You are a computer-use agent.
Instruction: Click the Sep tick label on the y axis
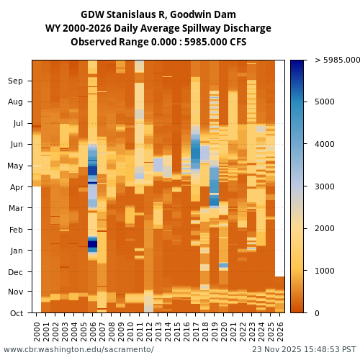click(x=16, y=81)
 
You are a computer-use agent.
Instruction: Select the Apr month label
click(x=16, y=187)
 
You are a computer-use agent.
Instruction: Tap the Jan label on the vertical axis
click(x=16, y=251)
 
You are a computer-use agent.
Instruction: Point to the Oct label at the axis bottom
click(x=16, y=313)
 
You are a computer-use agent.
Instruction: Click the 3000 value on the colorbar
click(x=326, y=186)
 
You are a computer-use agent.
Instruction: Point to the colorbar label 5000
click(x=326, y=102)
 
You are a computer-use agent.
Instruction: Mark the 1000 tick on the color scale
click(x=326, y=271)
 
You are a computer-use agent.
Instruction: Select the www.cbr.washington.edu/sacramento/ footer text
click(x=78, y=350)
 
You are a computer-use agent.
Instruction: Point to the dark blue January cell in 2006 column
click(x=92, y=244)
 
